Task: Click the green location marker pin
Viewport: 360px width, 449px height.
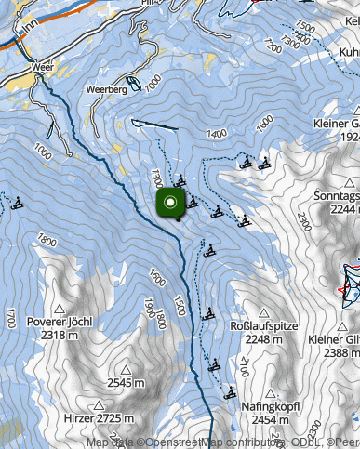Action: click(x=171, y=204)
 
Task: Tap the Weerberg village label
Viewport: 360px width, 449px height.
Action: click(x=106, y=90)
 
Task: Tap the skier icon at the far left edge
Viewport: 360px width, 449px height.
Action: click(x=16, y=203)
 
